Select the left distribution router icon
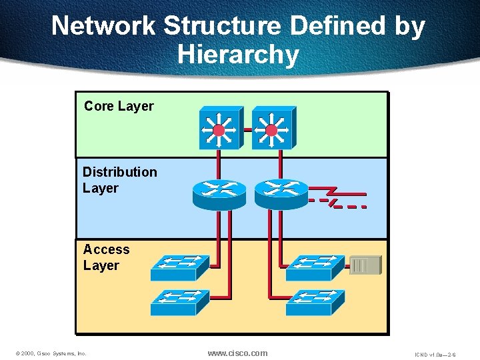coord(219,192)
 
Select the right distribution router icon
coord(281,192)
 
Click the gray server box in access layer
coord(365,265)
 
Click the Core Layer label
coord(119,106)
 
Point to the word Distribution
coord(120,172)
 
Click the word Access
coord(106,249)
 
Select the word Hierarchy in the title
coord(238,54)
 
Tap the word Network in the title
coord(103,26)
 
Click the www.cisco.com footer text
coord(237,353)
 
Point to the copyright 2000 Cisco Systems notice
coord(51,353)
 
